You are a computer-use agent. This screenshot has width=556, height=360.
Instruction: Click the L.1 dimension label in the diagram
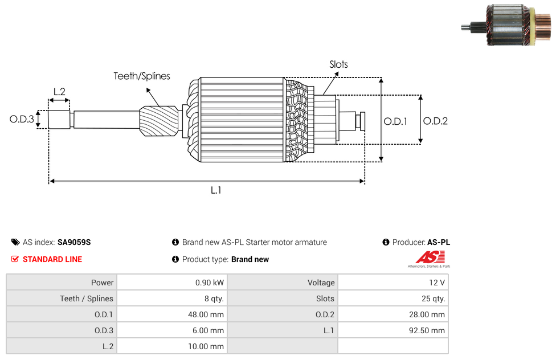click(216, 190)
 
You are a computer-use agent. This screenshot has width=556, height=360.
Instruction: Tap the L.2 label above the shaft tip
click(60, 92)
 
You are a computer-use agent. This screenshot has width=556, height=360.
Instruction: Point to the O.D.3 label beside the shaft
click(22, 119)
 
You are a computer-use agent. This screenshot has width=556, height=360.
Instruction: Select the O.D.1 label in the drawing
click(395, 122)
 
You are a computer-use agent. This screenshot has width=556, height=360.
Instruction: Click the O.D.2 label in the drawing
click(435, 121)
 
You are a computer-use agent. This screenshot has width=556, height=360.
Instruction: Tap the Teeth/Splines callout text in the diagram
click(142, 76)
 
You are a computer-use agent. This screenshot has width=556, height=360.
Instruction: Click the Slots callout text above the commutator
click(338, 64)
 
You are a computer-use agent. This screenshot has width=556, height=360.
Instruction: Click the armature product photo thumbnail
click(506, 24)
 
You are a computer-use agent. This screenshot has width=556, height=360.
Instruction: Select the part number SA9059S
click(74, 242)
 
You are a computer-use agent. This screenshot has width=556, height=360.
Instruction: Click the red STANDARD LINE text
click(52, 259)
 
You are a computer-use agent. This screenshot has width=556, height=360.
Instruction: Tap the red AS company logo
click(430, 259)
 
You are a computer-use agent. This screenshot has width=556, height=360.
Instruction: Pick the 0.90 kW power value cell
click(173, 283)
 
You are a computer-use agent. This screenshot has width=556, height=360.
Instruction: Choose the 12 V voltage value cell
click(393, 283)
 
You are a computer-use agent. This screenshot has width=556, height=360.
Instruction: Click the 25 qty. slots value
click(434, 298)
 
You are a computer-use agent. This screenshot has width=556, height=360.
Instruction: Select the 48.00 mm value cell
click(173, 314)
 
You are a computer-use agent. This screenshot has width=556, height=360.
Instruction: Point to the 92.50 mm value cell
click(393, 330)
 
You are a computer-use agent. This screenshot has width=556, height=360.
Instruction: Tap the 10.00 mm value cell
click(173, 346)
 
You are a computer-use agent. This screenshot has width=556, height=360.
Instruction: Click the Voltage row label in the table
click(321, 283)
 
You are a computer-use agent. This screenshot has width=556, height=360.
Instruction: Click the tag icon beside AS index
click(15, 242)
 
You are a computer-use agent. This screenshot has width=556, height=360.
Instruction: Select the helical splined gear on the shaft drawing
click(159, 121)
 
